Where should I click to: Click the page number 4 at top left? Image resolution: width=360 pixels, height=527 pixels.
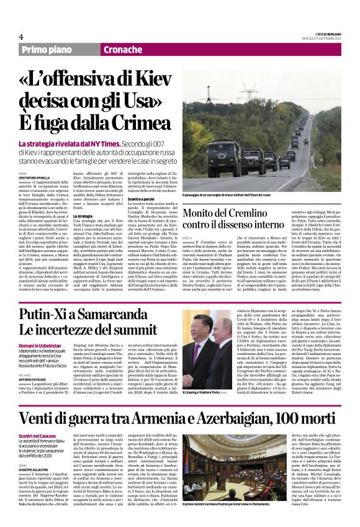[21, 37]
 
